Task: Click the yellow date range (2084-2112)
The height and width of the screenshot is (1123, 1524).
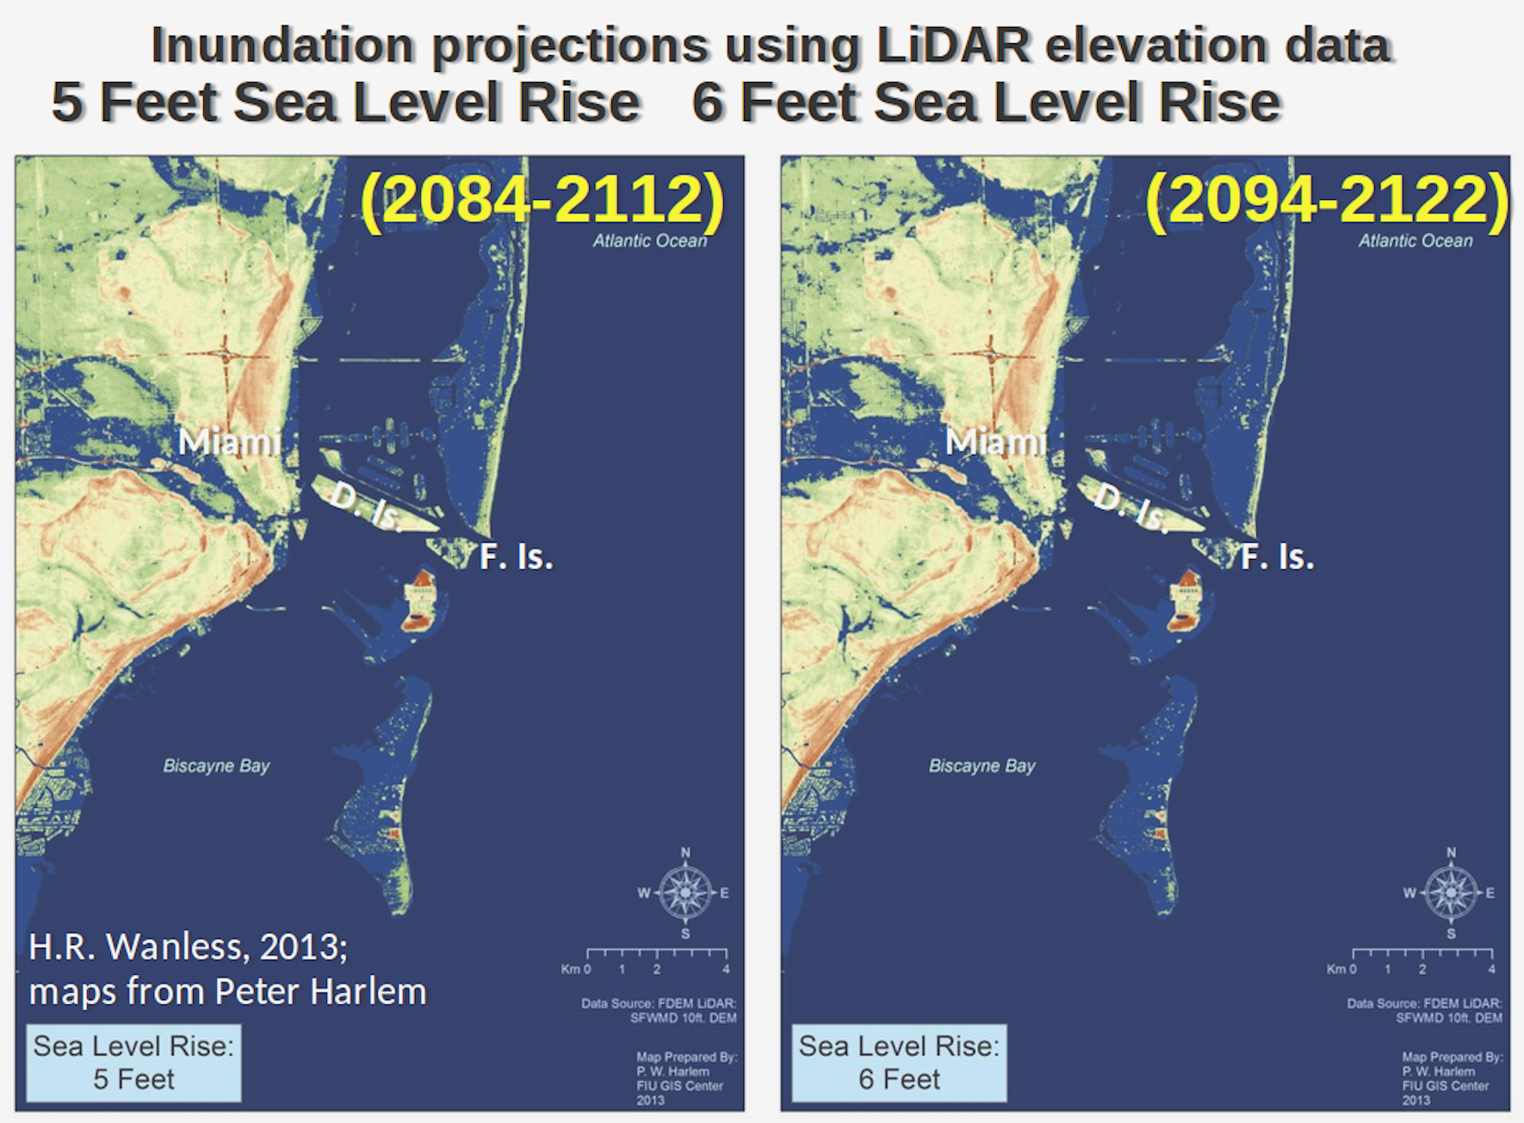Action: (543, 201)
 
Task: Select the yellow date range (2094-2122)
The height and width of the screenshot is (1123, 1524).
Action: (1327, 201)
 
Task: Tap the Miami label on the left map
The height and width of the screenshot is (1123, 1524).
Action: (229, 442)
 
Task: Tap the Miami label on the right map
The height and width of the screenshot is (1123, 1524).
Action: (996, 442)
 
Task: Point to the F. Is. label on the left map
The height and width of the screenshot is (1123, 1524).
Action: (516, 557)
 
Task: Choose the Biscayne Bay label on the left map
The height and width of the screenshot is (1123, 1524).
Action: (216, 766)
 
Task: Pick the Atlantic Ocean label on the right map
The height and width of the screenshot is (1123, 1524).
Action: (1415, 241)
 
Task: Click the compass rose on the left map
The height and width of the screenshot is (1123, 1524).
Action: (685, 893)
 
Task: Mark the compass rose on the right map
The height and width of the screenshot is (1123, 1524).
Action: (1451, 893)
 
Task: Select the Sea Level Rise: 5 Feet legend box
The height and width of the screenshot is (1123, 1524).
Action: (134, 1063)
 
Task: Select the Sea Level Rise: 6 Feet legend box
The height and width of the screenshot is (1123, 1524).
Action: (899, 1063)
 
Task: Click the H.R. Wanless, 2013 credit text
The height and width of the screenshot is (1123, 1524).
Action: (188, 947)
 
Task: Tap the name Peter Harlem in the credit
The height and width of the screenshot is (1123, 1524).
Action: (320, 992)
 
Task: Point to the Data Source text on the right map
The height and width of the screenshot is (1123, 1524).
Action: (1424, 1010)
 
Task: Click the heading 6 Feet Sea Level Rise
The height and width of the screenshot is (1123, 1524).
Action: (986, 103)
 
